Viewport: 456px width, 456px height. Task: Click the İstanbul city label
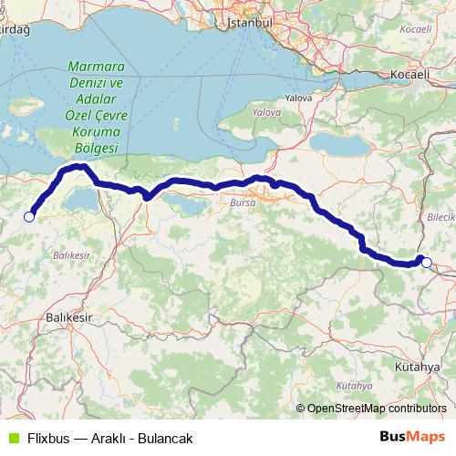click(250, 19)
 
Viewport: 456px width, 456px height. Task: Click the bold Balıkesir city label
click(70, 317)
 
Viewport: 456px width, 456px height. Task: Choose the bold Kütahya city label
click(418, 366)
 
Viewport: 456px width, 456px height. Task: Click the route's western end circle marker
click(29, 216)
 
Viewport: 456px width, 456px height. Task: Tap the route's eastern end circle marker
click(427, 262)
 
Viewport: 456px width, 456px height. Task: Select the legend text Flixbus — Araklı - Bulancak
click(109, 439)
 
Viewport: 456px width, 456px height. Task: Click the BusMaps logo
click(413, 438)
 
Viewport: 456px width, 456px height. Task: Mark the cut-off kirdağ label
click(16, 30)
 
